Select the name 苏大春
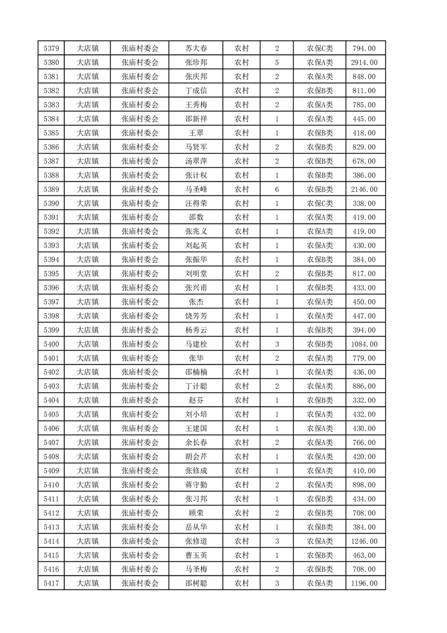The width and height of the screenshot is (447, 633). click(x=196, y=49)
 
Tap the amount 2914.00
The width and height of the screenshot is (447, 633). click(x=364, y=63)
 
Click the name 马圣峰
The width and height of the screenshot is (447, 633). click(x=196, y=190)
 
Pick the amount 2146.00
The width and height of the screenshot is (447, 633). click(x=364, y=190)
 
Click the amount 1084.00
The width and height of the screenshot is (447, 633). click(x=364, y=344)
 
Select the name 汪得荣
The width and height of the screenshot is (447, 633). click(x=196, y=204)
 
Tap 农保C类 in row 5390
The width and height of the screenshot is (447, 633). click(x=320, y=204)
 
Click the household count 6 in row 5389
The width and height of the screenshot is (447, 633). click(x=277, y=190)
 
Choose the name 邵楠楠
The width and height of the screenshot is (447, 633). click(x=196, y=372)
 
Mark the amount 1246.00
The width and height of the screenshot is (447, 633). click(x=364, y=541)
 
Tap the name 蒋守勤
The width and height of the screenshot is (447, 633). click(x=196, y=485)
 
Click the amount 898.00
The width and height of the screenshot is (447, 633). click(x=364, y=485)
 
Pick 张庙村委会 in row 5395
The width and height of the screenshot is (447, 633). click(x=140, y=274)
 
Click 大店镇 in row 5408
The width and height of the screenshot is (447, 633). click(x=88, y=456)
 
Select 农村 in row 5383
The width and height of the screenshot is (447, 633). click(x=242, y=105)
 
